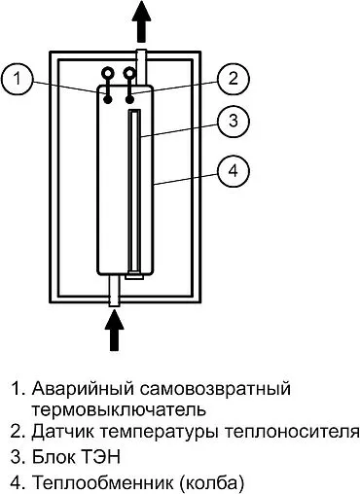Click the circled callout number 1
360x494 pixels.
pos(20,78)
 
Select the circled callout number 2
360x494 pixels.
pos(231,78)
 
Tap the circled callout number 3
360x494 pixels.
pos(231,123)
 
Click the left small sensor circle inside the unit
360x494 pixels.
pos(107,72)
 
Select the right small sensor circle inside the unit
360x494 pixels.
pos(126,72)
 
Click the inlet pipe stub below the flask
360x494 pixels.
pos(117,292)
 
